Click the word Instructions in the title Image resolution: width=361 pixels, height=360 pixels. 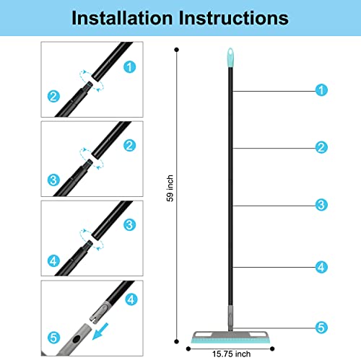[241, 18]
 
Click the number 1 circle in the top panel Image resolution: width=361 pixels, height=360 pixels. [129, 66]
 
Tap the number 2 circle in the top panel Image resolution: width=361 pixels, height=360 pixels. [53, 95]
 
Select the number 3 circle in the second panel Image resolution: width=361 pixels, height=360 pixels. [53, 177]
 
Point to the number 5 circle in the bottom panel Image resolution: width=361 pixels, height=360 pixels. [53, 336]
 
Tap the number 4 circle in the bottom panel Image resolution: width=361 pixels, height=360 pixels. [130, 297]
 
